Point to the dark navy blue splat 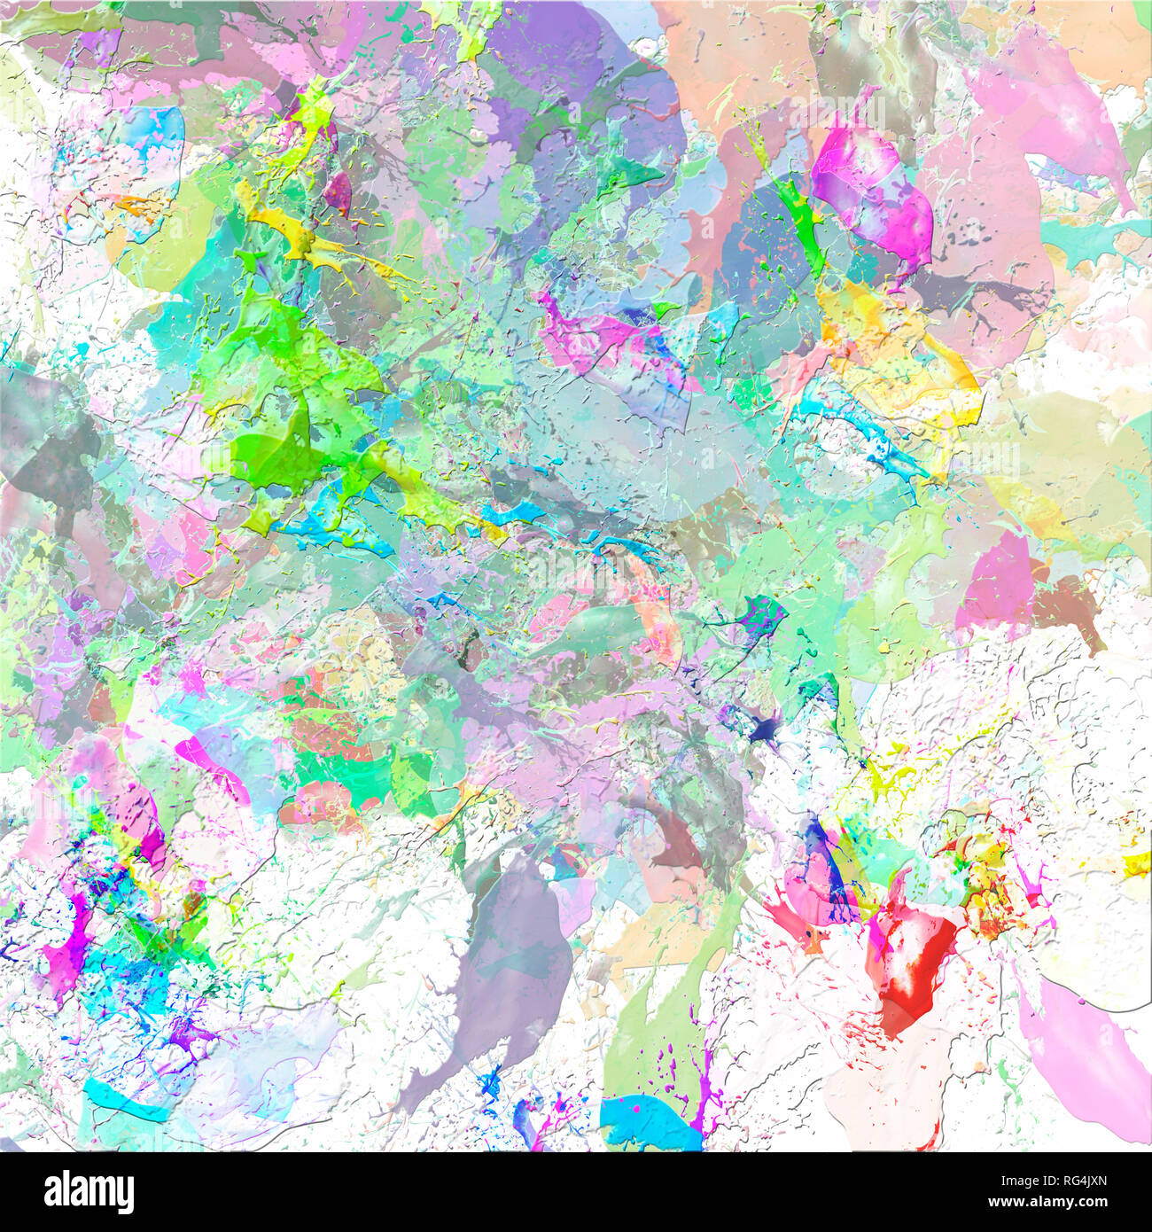(762, 729)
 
